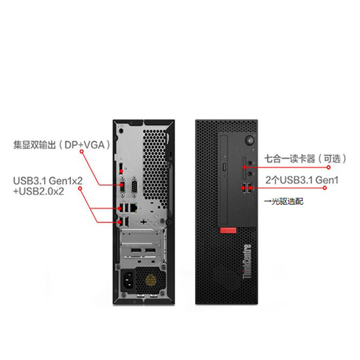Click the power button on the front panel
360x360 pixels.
(x=250, y=140)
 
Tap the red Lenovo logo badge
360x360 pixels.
(x=228, y=230)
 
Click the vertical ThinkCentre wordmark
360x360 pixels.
(x=247, y=261)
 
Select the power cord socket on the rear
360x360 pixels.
(x=128, y=280)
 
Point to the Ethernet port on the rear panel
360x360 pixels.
(x=134, y=208)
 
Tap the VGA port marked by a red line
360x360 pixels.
(x=122, y=186)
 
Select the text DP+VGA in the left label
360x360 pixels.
(x=85, y=145)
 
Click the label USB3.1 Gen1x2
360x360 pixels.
(x=48, y=181)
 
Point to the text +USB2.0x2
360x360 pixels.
(x=39, y=191)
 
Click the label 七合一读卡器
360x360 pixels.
(x=290, y=159)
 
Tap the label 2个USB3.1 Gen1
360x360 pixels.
(x=302, y=180)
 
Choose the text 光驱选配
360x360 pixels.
(x=287, y=201)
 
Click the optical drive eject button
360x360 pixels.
(x=224, y=167)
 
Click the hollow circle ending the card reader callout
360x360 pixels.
(x=328, y=167)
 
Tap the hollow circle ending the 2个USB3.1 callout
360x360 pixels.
(x=324, y=188)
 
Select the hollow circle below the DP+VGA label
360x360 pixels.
(x=81, y=151)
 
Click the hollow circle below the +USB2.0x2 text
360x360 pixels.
(x=80, y=189)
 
